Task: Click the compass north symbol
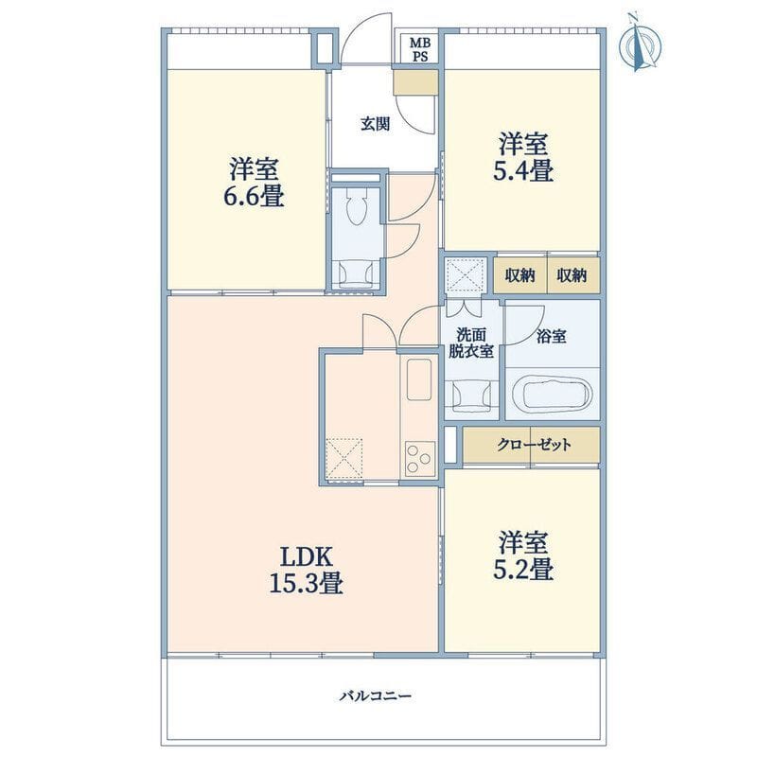[x=641, y=44]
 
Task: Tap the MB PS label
[x=418, y=49]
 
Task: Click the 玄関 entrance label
[x=375, y=125]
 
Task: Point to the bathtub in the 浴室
[x=552, y=392]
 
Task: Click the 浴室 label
[x=552, y=336]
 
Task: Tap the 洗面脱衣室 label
[x=471, y=343]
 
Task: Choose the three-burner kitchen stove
[x=420, y=458]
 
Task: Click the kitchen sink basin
[x=418, y=379]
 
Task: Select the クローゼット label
[x=534, y=444]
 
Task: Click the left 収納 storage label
[x=519, y=275]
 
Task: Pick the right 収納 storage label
[x=572, y=275]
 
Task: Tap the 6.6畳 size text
[x=254, y=197]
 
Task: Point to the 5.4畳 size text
[x=523, y=171]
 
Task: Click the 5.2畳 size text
[x=523, y=570]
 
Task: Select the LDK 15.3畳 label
[x=306, y=571]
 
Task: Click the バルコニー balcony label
[x=376, y=696]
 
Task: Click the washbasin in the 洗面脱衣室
[x=470, y=396]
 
